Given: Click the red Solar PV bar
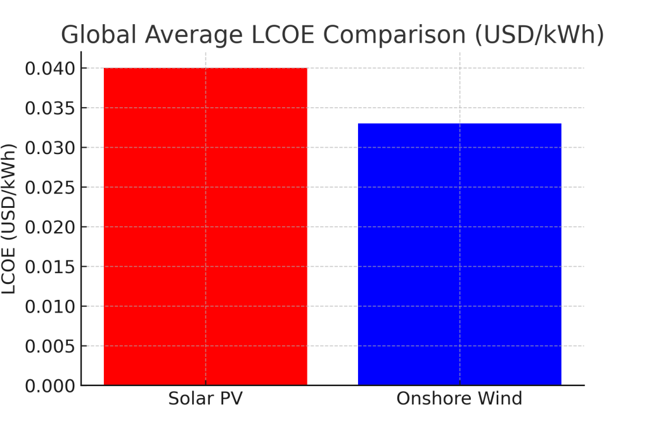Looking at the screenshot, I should (x=205, y=226).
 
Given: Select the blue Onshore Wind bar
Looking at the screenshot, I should (x=459, y=254).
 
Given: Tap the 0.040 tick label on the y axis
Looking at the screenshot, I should (x=50, y=68).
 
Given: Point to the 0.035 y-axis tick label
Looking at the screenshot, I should (x=50, y=108).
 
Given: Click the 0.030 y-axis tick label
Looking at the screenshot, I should (x=50, y=148).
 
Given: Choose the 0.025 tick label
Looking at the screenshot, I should (x=50, y=187).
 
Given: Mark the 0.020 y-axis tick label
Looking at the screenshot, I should (x=50, y=227).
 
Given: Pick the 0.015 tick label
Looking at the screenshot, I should (x=50, y=266).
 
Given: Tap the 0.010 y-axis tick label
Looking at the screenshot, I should (x=50, y=306).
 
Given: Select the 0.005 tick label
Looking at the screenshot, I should (x=50, y=346).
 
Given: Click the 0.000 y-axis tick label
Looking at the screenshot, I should (x=50, y=385).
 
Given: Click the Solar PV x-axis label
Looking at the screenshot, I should (x=205, y=399).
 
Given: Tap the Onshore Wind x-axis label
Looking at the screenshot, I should (x=459, y=399).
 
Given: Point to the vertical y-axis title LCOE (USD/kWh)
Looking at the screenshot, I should (x=9, y=219).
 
